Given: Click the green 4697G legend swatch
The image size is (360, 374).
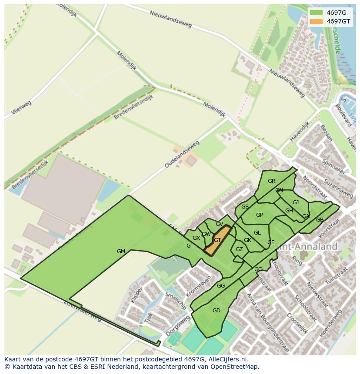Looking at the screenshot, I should tap(317, 13).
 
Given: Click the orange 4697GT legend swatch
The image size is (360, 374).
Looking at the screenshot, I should tap(317, 21).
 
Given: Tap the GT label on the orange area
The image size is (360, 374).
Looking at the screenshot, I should tap(217, 240).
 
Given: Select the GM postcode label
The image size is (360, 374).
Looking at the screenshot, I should tap(121, 251).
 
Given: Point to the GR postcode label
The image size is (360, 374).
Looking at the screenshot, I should tap(271, 181).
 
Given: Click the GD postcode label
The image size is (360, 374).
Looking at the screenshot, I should tap(216, 310).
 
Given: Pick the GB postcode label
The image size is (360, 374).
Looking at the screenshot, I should tap(320, 219).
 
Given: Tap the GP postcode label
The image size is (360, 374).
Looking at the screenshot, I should tap(260, 215).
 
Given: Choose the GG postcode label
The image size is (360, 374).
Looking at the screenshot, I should tap(221, 285).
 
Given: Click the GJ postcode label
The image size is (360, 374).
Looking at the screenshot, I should tap(296, 202).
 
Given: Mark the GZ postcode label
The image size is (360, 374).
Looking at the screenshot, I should tap(239, 249).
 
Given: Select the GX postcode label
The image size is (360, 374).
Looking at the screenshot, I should tap(196, 238).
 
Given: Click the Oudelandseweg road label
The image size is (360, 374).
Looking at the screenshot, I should tap(182, 154).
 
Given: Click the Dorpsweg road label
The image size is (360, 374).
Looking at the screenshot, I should tap(178, 326).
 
